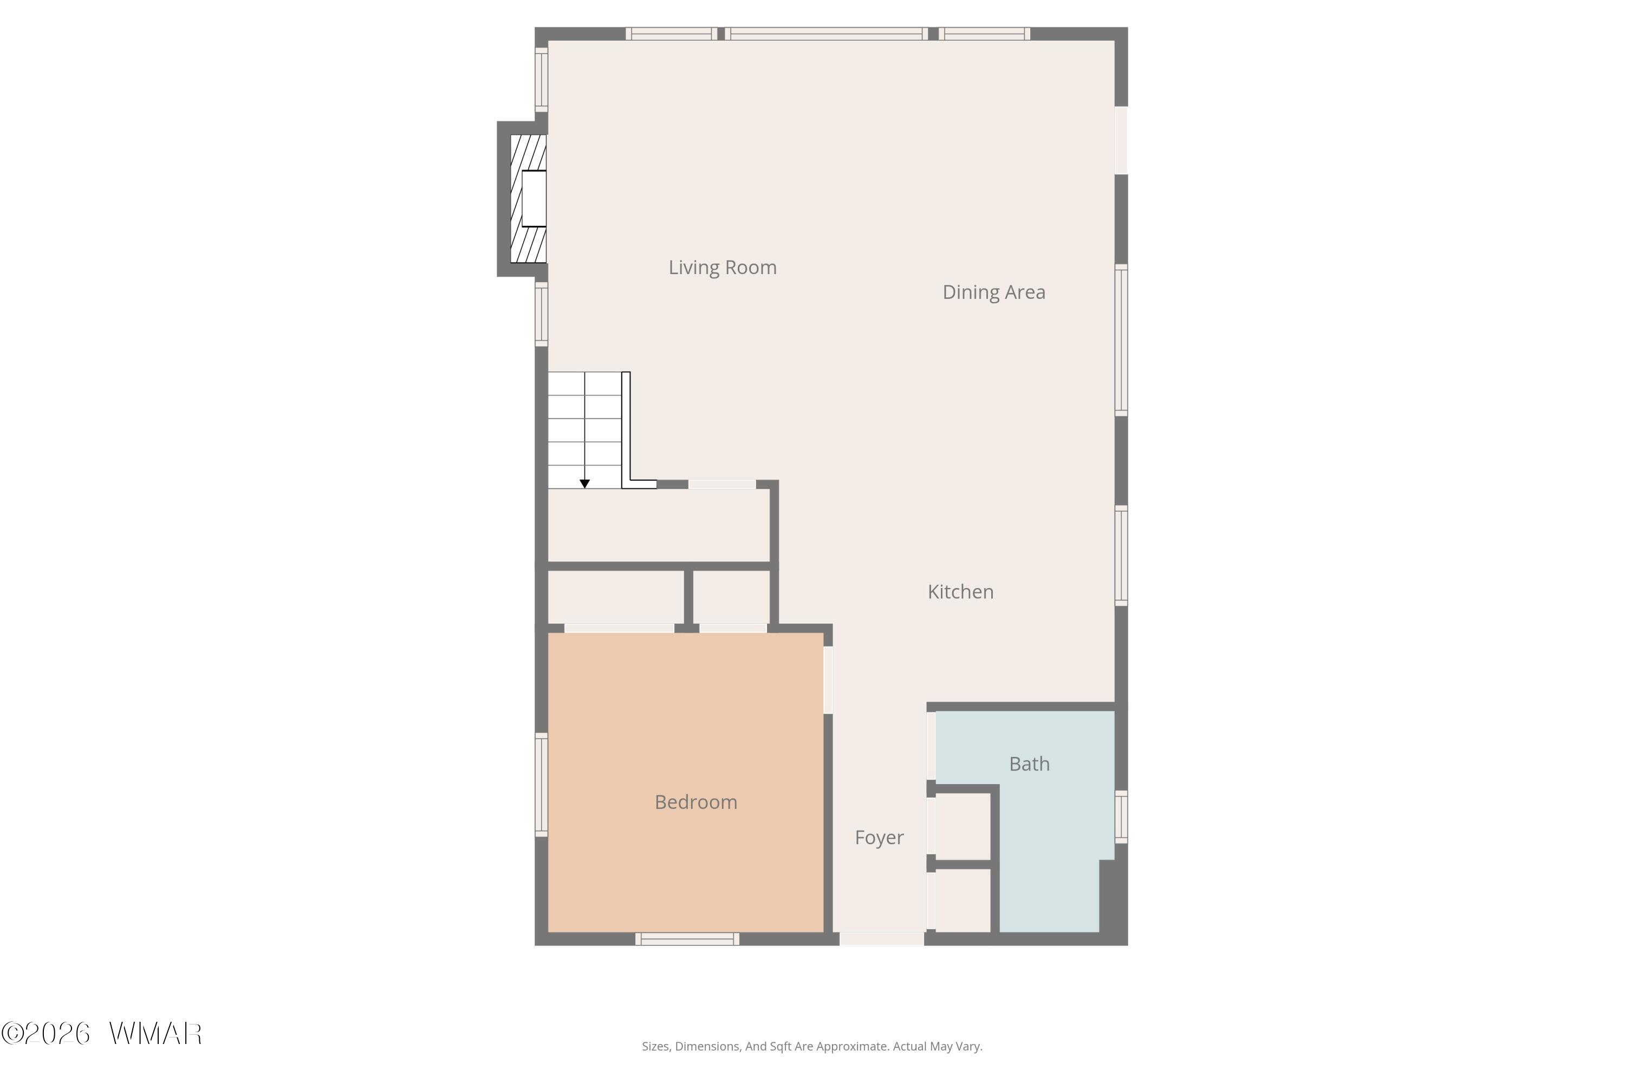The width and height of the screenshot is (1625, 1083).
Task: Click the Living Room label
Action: tap(722, 268)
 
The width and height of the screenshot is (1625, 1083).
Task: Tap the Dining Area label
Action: tap(993, 292)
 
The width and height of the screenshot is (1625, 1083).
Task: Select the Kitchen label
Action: tap(960, 591)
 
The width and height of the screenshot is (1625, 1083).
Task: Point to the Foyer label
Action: tap(879, 838)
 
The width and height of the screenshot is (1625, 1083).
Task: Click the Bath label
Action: tap(1030, 764)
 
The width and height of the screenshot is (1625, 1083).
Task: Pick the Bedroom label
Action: tap(695, 802)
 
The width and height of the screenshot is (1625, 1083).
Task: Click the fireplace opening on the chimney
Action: tap(534, 198)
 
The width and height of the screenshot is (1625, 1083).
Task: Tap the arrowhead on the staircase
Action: tap(584, 484)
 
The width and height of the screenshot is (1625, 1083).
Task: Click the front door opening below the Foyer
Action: tap(882, 938)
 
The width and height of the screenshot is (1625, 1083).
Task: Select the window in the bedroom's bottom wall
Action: tap(687, 938)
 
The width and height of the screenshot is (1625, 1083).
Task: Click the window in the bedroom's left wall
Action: tap(542, 785)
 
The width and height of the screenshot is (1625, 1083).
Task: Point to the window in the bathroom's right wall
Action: tap(1121, 817)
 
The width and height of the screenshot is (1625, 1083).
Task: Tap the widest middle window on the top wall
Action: tap(827, 34)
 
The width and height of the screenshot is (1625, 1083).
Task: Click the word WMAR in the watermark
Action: tap(155, 1034)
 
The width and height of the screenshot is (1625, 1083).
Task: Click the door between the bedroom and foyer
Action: tap(828, 680)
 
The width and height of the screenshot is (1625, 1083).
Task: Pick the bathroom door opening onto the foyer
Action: tap(931, 747)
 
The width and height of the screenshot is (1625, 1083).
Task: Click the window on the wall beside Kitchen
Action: tap(1121, 556)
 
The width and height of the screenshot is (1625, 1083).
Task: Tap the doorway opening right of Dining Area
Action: tap(1121, 140)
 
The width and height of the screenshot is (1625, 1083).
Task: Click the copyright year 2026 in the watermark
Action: tap(57, 1034)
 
